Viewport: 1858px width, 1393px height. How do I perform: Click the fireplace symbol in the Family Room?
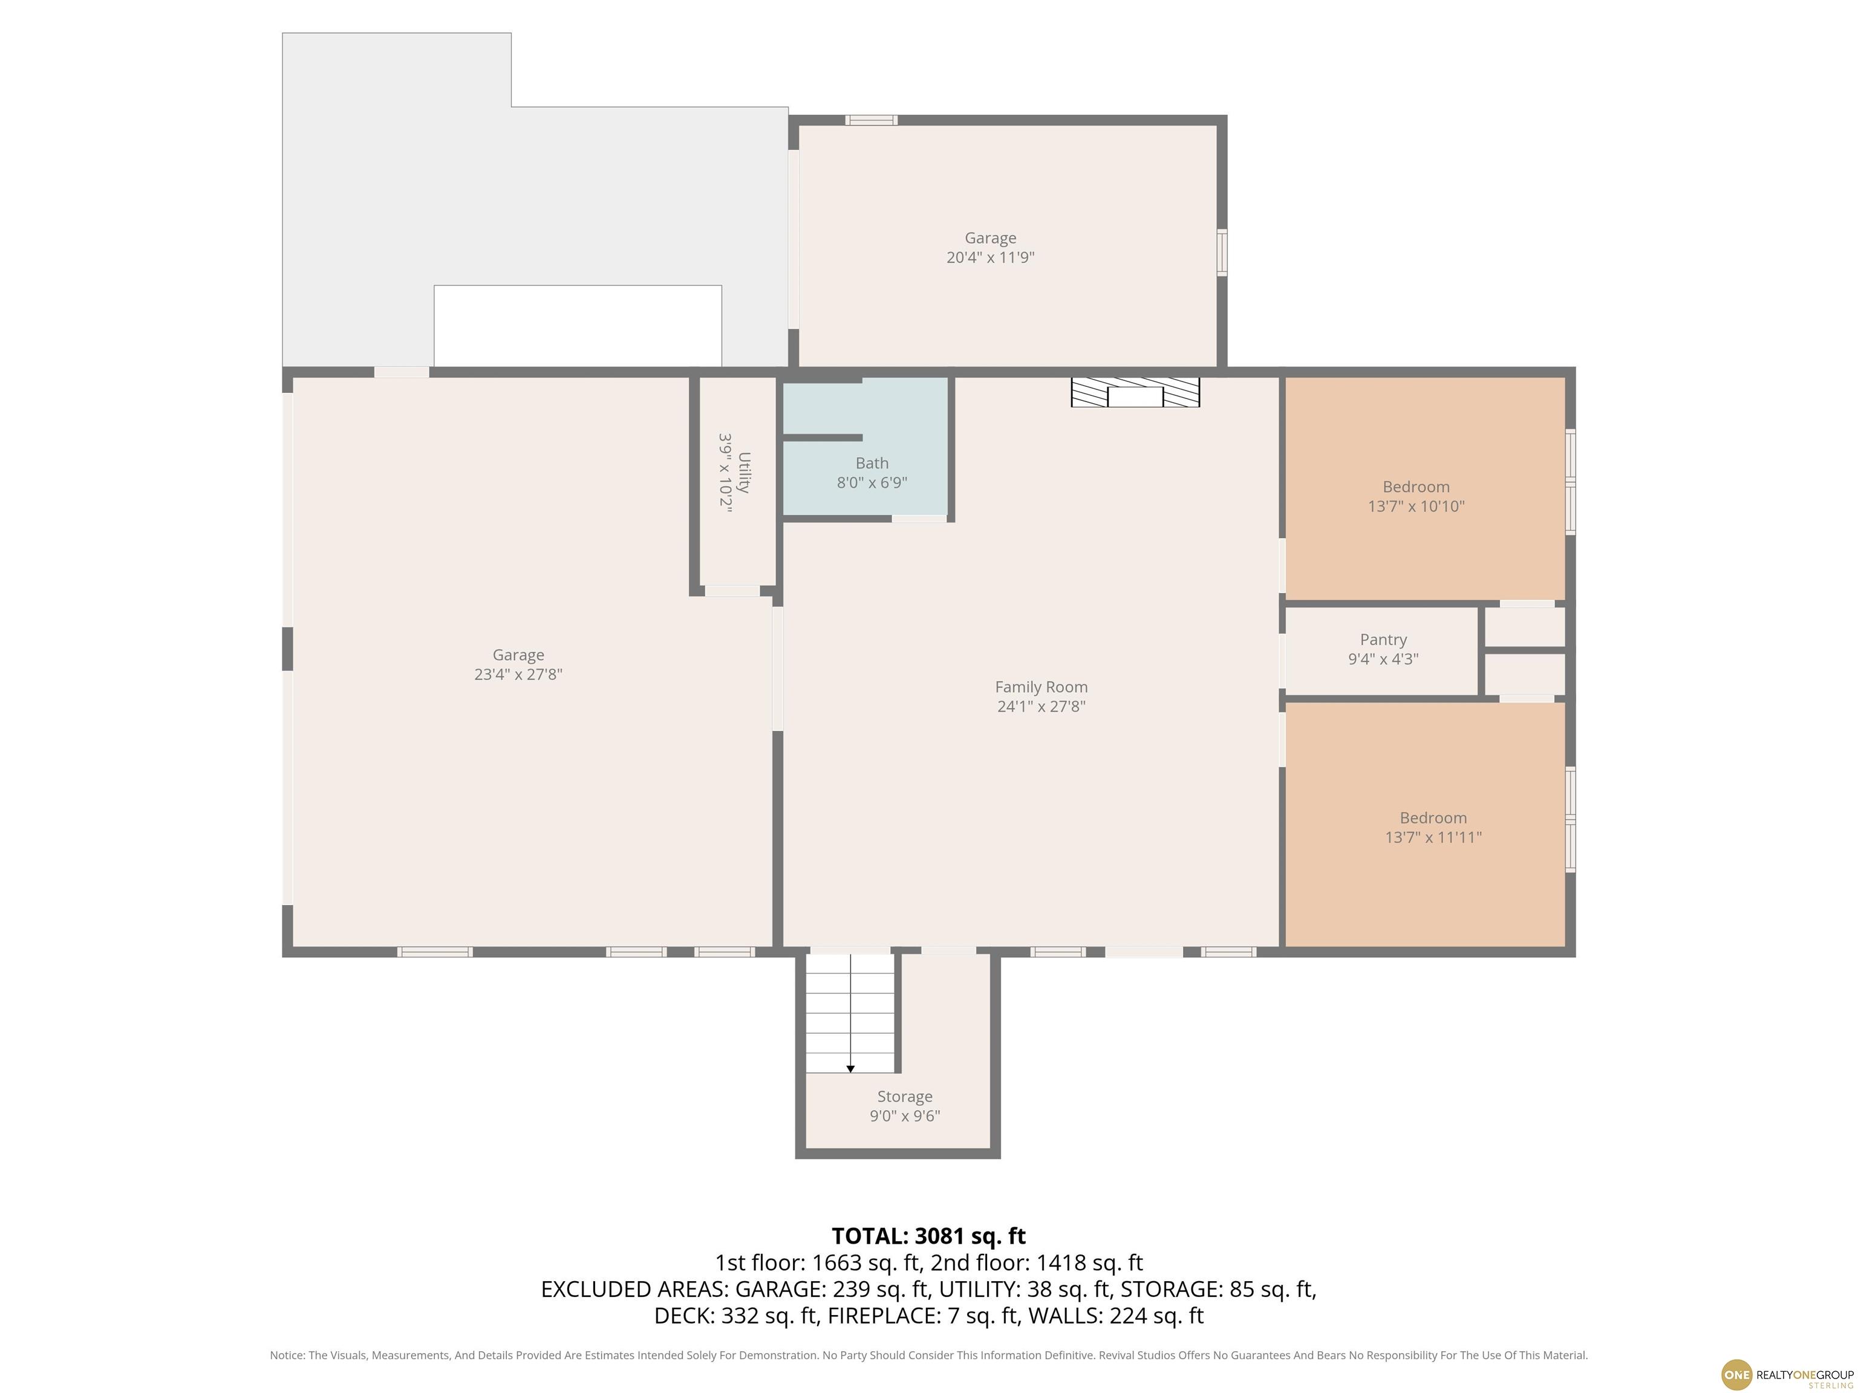[1135, 392]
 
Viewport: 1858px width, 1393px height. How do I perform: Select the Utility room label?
[743, 473]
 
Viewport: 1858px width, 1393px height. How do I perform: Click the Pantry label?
[1383, 640]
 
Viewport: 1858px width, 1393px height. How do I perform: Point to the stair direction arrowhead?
[850, 1069]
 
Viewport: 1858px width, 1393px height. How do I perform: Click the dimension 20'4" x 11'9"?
[989, 258]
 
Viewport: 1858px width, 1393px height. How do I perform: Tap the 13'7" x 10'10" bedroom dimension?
[1415, 506]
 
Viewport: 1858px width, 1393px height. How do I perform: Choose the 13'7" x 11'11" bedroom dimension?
[1432, 837]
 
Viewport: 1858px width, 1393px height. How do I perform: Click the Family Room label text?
[1041, 687]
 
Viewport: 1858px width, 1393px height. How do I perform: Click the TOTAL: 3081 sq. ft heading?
[928, 1236]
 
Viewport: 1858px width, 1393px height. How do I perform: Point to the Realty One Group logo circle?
[1736, 1374]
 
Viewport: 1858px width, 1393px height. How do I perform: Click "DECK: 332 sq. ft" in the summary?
[735, 1316]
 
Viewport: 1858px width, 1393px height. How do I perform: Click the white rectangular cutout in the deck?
[577, 326]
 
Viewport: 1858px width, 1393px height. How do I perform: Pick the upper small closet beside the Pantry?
[1525, 626]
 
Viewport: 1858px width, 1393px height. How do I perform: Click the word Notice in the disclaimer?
[287, 1356]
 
